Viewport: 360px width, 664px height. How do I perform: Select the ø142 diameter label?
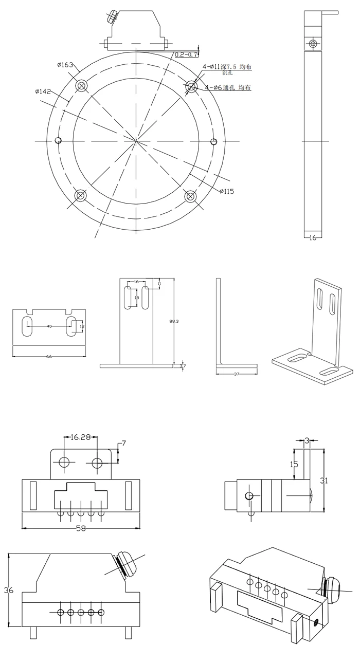pos(43,91)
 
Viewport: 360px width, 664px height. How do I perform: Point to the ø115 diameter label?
pos(227,191)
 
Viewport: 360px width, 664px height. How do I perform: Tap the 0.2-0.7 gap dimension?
pos(187,54)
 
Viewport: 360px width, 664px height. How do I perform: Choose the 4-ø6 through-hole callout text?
pos(228,88)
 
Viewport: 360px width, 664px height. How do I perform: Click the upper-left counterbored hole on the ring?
pos(81,85)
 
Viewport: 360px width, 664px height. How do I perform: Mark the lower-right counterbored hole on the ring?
pos(191,196)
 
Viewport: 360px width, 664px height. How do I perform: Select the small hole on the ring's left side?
pos(58,140)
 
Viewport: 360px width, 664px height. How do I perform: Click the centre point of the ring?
pos(136,140)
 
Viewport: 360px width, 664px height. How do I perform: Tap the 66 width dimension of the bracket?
pos(49,356)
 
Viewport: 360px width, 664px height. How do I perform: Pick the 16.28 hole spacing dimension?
pos(80,437)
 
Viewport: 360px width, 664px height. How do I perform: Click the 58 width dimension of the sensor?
pos(80,528)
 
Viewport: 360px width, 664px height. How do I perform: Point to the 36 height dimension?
pos(9,591)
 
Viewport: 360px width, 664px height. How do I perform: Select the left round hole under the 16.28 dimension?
pos(64,463)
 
